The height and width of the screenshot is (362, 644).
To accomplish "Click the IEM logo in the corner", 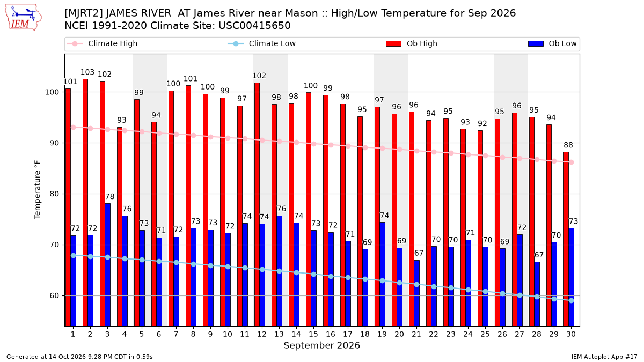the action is point(24,18).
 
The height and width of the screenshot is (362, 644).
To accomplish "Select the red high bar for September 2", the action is point(85,203).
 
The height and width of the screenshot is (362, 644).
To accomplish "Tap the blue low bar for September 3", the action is point(107,264).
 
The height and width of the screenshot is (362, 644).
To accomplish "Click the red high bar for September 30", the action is point(566,239).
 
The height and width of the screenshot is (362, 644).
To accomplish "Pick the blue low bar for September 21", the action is point(416,293).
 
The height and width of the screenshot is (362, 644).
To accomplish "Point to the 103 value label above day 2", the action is point(87,72).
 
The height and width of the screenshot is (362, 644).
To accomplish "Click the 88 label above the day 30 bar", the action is point(568,145).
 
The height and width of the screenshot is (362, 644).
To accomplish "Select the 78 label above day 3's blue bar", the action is point(110,196).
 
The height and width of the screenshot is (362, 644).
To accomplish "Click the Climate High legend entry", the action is point(102,43).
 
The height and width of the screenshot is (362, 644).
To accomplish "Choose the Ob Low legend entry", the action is point(552,43).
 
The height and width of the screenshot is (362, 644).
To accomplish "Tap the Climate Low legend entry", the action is point(261,43).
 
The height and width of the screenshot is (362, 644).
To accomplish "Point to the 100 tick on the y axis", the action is point(52,92).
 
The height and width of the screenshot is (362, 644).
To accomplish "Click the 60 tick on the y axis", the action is point(54,295).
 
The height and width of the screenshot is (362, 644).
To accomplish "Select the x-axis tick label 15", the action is point(313,334).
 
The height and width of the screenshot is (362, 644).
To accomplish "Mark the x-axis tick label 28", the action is point(537,334).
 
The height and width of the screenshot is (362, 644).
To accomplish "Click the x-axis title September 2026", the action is point(321,345).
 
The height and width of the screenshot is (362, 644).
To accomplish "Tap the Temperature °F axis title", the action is point(38,190).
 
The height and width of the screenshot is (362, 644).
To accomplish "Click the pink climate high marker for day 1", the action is point(74,127).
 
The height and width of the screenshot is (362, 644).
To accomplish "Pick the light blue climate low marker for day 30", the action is point(571,300).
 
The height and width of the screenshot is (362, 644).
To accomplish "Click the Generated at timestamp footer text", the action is point(79,357).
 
